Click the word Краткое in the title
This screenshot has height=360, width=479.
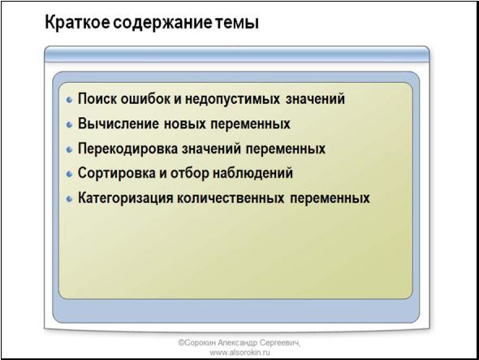77,23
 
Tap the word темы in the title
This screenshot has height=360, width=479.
235,24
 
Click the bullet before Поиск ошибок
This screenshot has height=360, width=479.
70,100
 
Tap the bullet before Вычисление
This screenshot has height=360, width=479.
70,124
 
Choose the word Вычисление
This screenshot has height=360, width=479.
119,124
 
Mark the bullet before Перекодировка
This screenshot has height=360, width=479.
70,150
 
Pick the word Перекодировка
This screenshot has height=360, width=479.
127,149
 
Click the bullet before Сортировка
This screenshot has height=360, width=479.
70,174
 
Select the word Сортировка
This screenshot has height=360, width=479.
116,173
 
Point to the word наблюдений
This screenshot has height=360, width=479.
252,173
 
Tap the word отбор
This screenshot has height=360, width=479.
189,173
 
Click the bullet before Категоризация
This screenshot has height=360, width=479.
70,199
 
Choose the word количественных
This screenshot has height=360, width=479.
231,198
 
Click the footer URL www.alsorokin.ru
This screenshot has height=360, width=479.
239,353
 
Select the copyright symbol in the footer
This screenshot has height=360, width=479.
182,343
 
